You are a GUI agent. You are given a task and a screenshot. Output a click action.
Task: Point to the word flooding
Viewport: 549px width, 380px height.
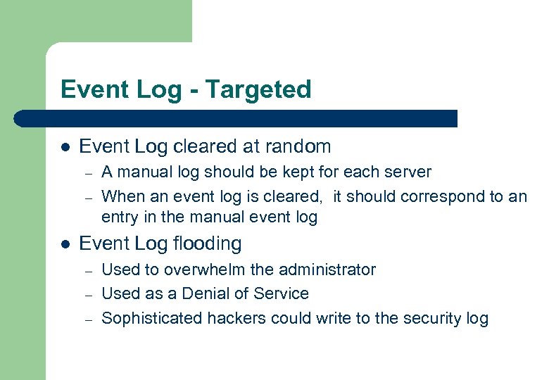coord(208,243)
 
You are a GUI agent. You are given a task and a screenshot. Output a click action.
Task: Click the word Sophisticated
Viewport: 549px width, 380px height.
coord(152,318)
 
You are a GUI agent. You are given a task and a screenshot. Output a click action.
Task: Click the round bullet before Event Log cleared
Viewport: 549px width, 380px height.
coord(65,147)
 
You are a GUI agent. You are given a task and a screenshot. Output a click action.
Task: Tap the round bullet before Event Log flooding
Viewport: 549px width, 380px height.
coord(65,244)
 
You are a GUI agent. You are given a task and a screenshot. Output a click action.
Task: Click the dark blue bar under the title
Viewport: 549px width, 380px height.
coord(239,118)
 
